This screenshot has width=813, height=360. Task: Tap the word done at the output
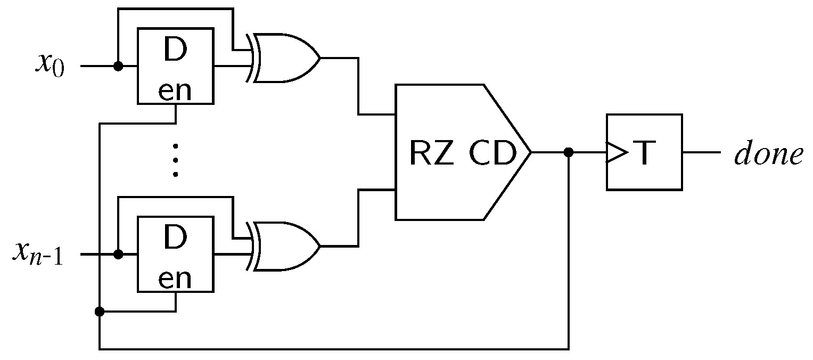768,154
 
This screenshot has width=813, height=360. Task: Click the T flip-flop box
644,152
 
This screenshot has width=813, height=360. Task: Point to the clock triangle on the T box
617,152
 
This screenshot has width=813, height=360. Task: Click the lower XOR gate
285,246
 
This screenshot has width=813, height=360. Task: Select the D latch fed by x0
176,66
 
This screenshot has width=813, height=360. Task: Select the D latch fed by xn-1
176,254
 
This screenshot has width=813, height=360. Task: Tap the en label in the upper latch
175,92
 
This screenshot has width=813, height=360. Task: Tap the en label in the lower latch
175,280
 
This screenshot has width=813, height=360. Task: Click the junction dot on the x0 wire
119,66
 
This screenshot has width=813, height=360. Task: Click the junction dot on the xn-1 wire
119,255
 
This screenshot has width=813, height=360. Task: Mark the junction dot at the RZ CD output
569,152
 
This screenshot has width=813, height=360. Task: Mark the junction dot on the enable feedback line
99,311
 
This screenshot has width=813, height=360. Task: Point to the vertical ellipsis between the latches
175,159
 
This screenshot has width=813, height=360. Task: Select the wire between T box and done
701,152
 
